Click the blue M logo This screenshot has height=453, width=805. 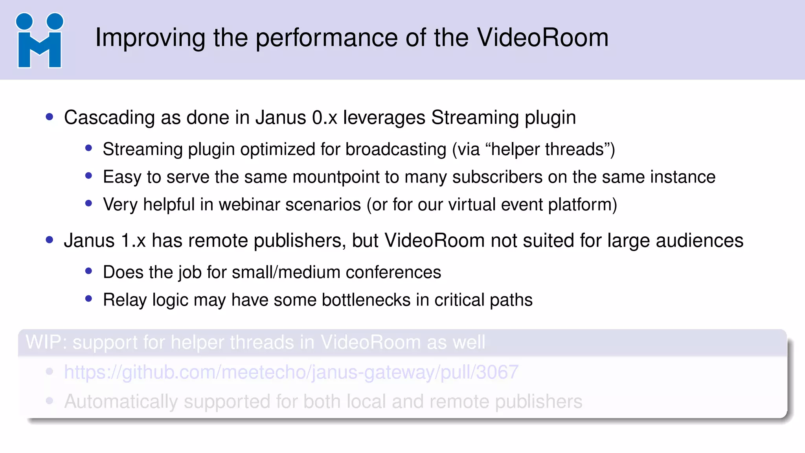39,41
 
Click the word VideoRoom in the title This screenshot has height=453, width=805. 542,38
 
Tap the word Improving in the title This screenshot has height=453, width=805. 150,39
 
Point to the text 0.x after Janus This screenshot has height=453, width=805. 325,118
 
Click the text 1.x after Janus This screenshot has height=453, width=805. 133,241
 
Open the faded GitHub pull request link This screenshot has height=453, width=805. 291,372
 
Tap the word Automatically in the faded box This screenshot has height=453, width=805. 121,402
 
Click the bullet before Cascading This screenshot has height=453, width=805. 50,117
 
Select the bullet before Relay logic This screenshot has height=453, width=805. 88,299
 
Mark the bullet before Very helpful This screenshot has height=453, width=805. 88,203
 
